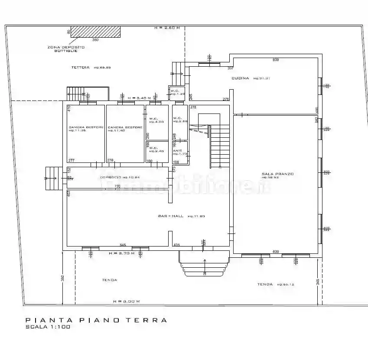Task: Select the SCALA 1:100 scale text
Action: (48, 327)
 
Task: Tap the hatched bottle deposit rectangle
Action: (95, 32)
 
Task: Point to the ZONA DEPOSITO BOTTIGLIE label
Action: (66, 49)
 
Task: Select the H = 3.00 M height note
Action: (126, 301)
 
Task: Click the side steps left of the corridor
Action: (51, 178)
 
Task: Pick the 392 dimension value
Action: (62, 277)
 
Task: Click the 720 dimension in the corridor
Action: (117, 186)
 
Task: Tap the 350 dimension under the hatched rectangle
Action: (95, 40)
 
